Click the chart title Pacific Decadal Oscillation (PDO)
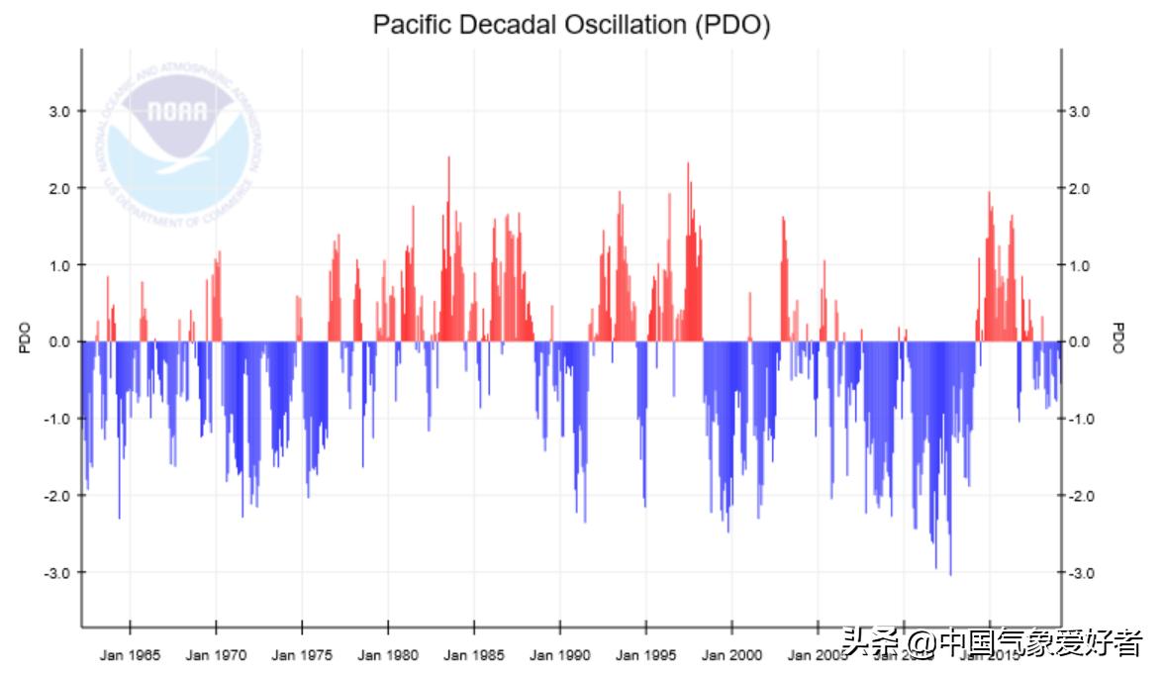click(x=571, y=25)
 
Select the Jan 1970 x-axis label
click(x=216, y=655)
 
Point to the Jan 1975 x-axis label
click(x=302, y=655)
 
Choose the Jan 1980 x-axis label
click(x=388, y=655)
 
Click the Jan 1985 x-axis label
click(x=474, y=655)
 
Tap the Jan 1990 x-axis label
click(x=560, y=655)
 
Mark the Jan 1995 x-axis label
click(x=646, y=655)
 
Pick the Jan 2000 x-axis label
click(x=732, y=655)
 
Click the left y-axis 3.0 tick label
click(x=59, y=112)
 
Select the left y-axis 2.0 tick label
click(x=59, y=189)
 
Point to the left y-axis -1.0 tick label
click(x=57, y=420)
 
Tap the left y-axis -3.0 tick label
click(x=57, y=573)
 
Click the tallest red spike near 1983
click(x=448, y=158)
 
